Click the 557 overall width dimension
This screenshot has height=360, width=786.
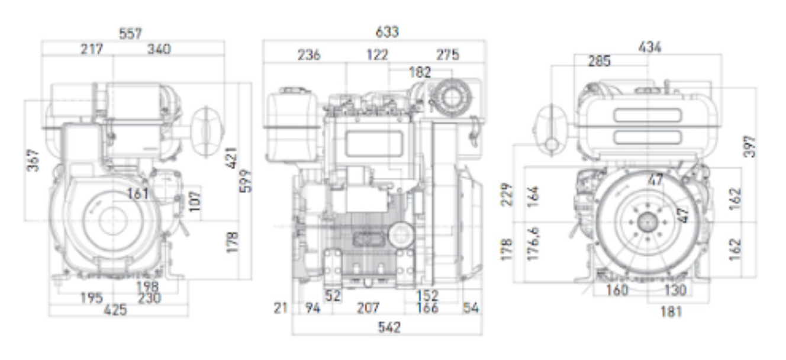coord(131,34)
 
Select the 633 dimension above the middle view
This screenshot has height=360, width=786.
coord(387,32)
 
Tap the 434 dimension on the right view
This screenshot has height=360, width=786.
coord(649,47)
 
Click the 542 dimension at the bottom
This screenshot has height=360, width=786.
coord(389,327)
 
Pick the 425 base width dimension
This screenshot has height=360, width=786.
coord(115,310)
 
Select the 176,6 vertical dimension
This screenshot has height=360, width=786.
coord(533,243)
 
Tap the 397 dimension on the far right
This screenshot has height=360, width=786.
coord(750,147)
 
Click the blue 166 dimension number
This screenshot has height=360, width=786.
coord(427,308)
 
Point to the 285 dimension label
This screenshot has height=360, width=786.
coord(600,61)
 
